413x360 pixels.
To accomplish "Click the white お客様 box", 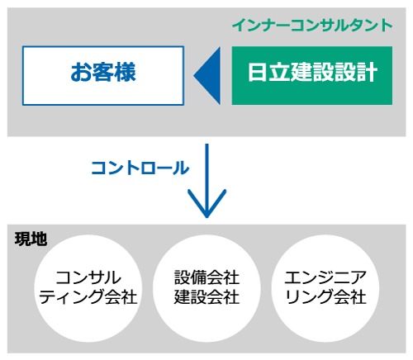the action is pos(103,76).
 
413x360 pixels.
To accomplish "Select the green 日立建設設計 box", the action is pos(312,76).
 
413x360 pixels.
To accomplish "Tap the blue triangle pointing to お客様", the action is pos(207,76).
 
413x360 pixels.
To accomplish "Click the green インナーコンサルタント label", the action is pos(312,26).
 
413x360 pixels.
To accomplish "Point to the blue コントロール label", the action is pos(140,168).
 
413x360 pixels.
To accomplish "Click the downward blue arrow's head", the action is pos(207,204).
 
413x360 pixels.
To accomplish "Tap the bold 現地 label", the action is pos(31,239).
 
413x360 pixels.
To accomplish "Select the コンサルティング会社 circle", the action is pos(88,288).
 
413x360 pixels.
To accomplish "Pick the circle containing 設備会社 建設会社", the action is pos(206,288).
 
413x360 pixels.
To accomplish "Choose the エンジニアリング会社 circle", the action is pos(325,288).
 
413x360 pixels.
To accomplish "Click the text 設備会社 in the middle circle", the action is pos(206,277).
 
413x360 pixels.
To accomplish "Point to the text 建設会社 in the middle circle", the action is pos(206,297).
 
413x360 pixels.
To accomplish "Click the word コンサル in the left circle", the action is pos(88,277).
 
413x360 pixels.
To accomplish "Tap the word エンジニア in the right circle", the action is pos(325,277).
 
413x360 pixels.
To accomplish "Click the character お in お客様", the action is pos(81,73).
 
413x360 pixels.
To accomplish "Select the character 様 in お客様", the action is pos(126,73).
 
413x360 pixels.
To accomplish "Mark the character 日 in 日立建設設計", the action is pos(257,73).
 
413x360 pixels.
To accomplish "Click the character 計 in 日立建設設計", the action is pos(367,73).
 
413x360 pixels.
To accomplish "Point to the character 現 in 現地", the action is pos(23,239).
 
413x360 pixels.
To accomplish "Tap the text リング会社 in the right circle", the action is pos(325,297).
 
